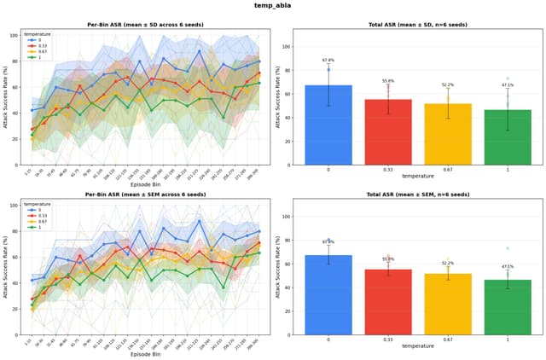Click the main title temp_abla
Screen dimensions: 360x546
tap(273, 6)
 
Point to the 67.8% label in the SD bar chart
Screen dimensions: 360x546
tap(328, 61)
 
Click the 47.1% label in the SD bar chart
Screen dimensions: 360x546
tap(507, 85)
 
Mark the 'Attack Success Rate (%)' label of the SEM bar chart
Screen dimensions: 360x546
tap(278, 269)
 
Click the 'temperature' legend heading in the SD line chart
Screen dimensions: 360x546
tap(37, 33)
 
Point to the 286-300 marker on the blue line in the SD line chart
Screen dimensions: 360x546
tap(258, 61)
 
